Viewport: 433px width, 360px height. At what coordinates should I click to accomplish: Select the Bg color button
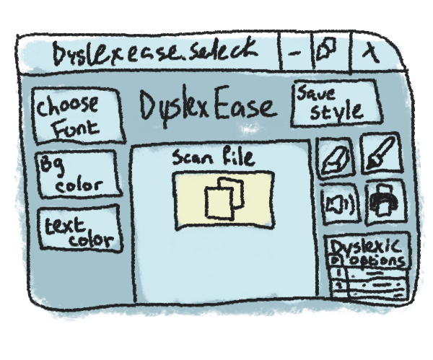pos(75,173)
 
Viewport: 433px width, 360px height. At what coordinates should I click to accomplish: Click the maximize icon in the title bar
pos(327,51)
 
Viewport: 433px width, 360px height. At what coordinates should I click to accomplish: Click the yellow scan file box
pos(223,198)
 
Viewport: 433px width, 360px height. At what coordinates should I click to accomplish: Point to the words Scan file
pos(213,158)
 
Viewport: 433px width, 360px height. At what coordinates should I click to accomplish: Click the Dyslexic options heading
pos(368,251)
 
